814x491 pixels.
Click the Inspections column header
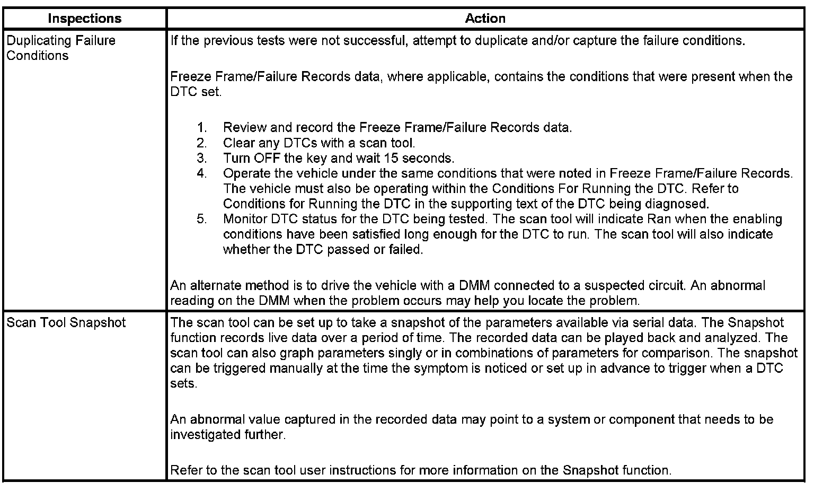click(x=84, y=19)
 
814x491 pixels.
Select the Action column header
click(x=485, y=19)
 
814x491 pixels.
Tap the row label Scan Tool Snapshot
click(x=66, y=322)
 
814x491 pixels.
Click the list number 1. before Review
click(x=201, y=128)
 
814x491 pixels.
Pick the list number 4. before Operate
click(x=201, y=173)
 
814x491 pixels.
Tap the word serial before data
click(x=643, y=322)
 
